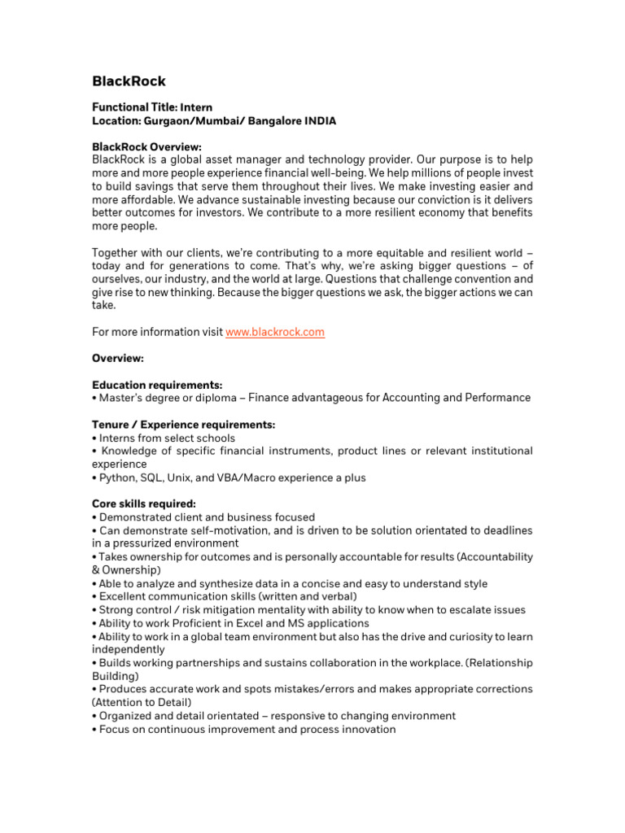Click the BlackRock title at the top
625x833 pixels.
click(129, 81)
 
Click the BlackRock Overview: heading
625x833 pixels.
click(146, 147)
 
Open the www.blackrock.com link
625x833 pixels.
click(274, 332)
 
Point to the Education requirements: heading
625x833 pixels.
click(157, 385)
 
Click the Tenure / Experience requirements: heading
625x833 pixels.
click(184, 425)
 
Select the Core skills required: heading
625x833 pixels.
click(144, 504)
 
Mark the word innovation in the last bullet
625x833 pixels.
click(369, 729)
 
